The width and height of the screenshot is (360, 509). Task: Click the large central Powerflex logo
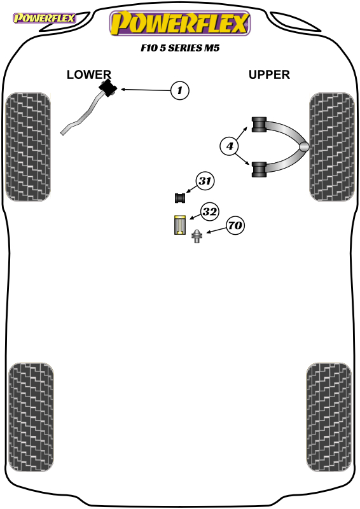[180, 23]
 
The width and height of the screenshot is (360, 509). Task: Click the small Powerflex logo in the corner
[45, 18]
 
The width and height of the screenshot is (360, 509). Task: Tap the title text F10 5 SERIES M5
[180, 48]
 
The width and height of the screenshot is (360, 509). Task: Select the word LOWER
[89, 74]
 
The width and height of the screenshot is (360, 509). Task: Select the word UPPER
[269, 74]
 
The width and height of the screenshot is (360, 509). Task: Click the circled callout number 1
[180, 90]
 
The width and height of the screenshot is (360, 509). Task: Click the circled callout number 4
[230, 146]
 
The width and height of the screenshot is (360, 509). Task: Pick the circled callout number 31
[205, 181]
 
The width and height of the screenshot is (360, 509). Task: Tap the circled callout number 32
[209, 212]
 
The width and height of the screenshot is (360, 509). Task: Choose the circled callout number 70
[235, 225]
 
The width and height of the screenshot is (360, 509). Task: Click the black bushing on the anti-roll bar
[107, 88]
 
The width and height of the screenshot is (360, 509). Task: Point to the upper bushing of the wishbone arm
[259, 125]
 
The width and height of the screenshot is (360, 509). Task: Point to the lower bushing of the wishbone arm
[259, 169]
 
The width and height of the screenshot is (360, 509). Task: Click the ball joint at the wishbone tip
[304, 147]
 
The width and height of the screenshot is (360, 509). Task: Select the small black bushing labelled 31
[180, 198]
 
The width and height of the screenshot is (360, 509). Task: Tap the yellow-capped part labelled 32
[179, 225]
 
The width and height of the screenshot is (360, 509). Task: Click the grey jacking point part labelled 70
[197, 236]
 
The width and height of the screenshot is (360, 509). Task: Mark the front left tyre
[28, 147]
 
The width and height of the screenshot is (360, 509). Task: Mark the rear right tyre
[328, 417]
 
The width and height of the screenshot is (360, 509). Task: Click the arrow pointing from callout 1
[146, 90]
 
